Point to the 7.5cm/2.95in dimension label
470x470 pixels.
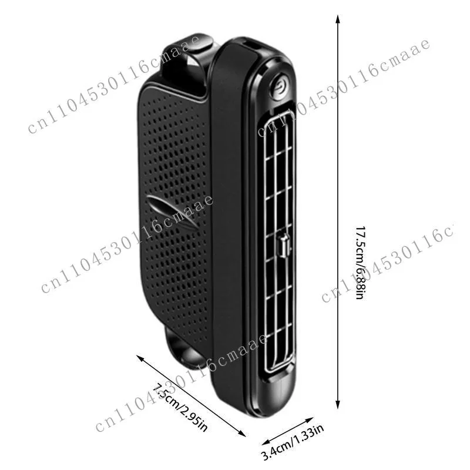180,407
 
